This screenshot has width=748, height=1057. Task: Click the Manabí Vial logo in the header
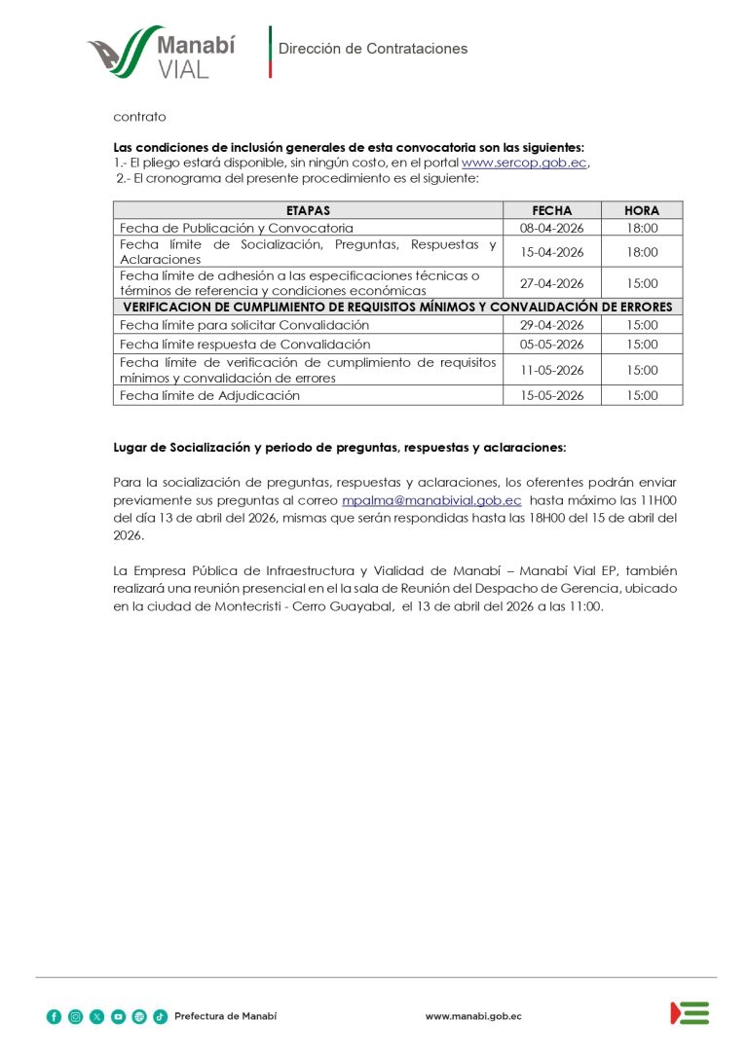click(161, 54)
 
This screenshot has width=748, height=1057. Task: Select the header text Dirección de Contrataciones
click(373, 49)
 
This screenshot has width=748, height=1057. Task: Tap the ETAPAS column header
click(308, 210)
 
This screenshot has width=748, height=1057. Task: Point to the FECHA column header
click(551, 210)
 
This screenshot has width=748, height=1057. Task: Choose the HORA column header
click(642, 210)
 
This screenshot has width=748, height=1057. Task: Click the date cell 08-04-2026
click(551, 228)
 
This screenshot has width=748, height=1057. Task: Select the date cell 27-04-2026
click(551, 283)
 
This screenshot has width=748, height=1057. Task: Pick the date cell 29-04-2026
click(551, 325)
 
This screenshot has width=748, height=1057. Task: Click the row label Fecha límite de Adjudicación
click(209, 396)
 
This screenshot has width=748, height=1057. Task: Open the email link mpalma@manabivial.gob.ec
click(431, 500)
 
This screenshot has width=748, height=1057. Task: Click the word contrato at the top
click(139, 117)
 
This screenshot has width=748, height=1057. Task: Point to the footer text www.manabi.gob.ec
click(473, 1016)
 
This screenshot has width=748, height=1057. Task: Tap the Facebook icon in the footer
click(54, 1016)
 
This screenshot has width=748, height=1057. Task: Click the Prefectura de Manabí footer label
click(225, 1016)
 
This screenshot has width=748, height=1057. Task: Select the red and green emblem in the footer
click(690, 1013)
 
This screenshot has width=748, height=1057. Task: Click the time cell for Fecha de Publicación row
click(642, 228)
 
